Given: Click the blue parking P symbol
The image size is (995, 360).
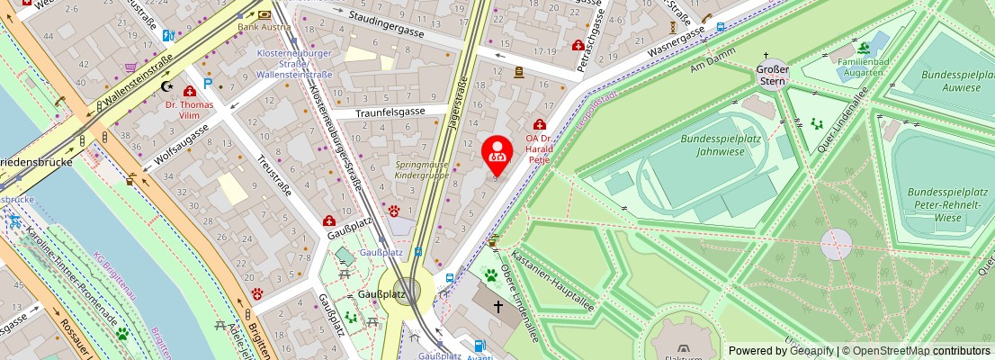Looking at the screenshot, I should (209, 84).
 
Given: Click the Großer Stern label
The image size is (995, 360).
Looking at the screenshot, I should (772, 75).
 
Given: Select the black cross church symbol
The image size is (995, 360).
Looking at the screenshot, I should (497, 307).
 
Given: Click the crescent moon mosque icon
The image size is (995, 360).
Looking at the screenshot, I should (165, 86).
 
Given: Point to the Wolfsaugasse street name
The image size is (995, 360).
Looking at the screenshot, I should (181, 147).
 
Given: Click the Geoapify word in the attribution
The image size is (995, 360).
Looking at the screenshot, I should (811, 351).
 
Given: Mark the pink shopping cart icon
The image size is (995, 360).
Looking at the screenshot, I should (130, 67).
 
